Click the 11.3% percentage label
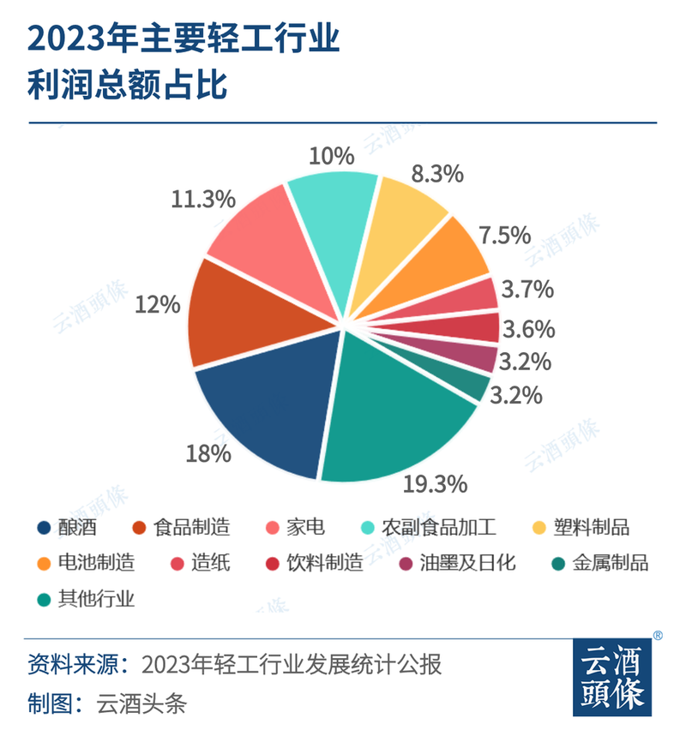coord(203,200)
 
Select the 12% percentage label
coord(157,304)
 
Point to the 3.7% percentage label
coord(527,290)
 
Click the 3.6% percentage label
coord(527,329)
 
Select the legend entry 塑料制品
coord(592,526)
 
